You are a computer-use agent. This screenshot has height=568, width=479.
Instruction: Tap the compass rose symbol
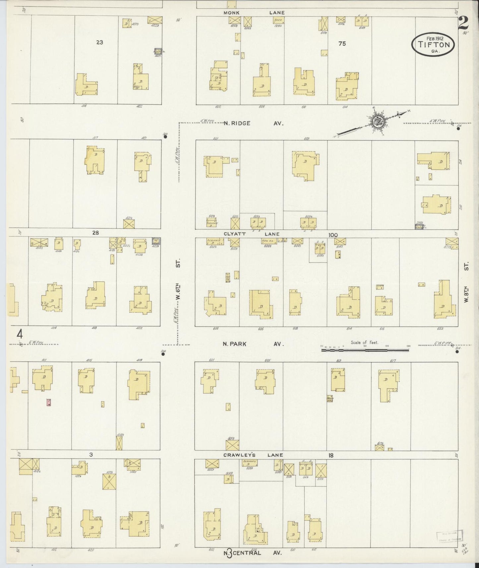(377, 122)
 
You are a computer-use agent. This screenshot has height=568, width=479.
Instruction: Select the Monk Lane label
(254, 13)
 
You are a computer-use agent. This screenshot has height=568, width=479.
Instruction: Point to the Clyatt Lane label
(252, 234)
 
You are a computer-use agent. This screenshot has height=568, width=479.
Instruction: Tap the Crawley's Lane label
(253, 455)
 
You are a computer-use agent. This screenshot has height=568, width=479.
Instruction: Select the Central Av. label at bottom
(254, 552)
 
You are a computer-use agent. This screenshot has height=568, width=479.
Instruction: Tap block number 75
(342, 43)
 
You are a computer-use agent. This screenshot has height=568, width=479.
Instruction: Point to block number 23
(99, 42)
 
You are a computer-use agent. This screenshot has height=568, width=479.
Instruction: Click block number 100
(333, 235)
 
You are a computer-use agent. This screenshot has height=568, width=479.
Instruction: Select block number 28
(95, 233)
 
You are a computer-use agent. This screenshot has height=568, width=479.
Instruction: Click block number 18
(330, 455)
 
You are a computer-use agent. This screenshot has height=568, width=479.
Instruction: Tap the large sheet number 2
(463, 23)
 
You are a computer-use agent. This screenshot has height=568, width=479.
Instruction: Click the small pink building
(49, 402)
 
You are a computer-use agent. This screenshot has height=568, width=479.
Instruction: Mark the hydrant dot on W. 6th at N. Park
(163, 354)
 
